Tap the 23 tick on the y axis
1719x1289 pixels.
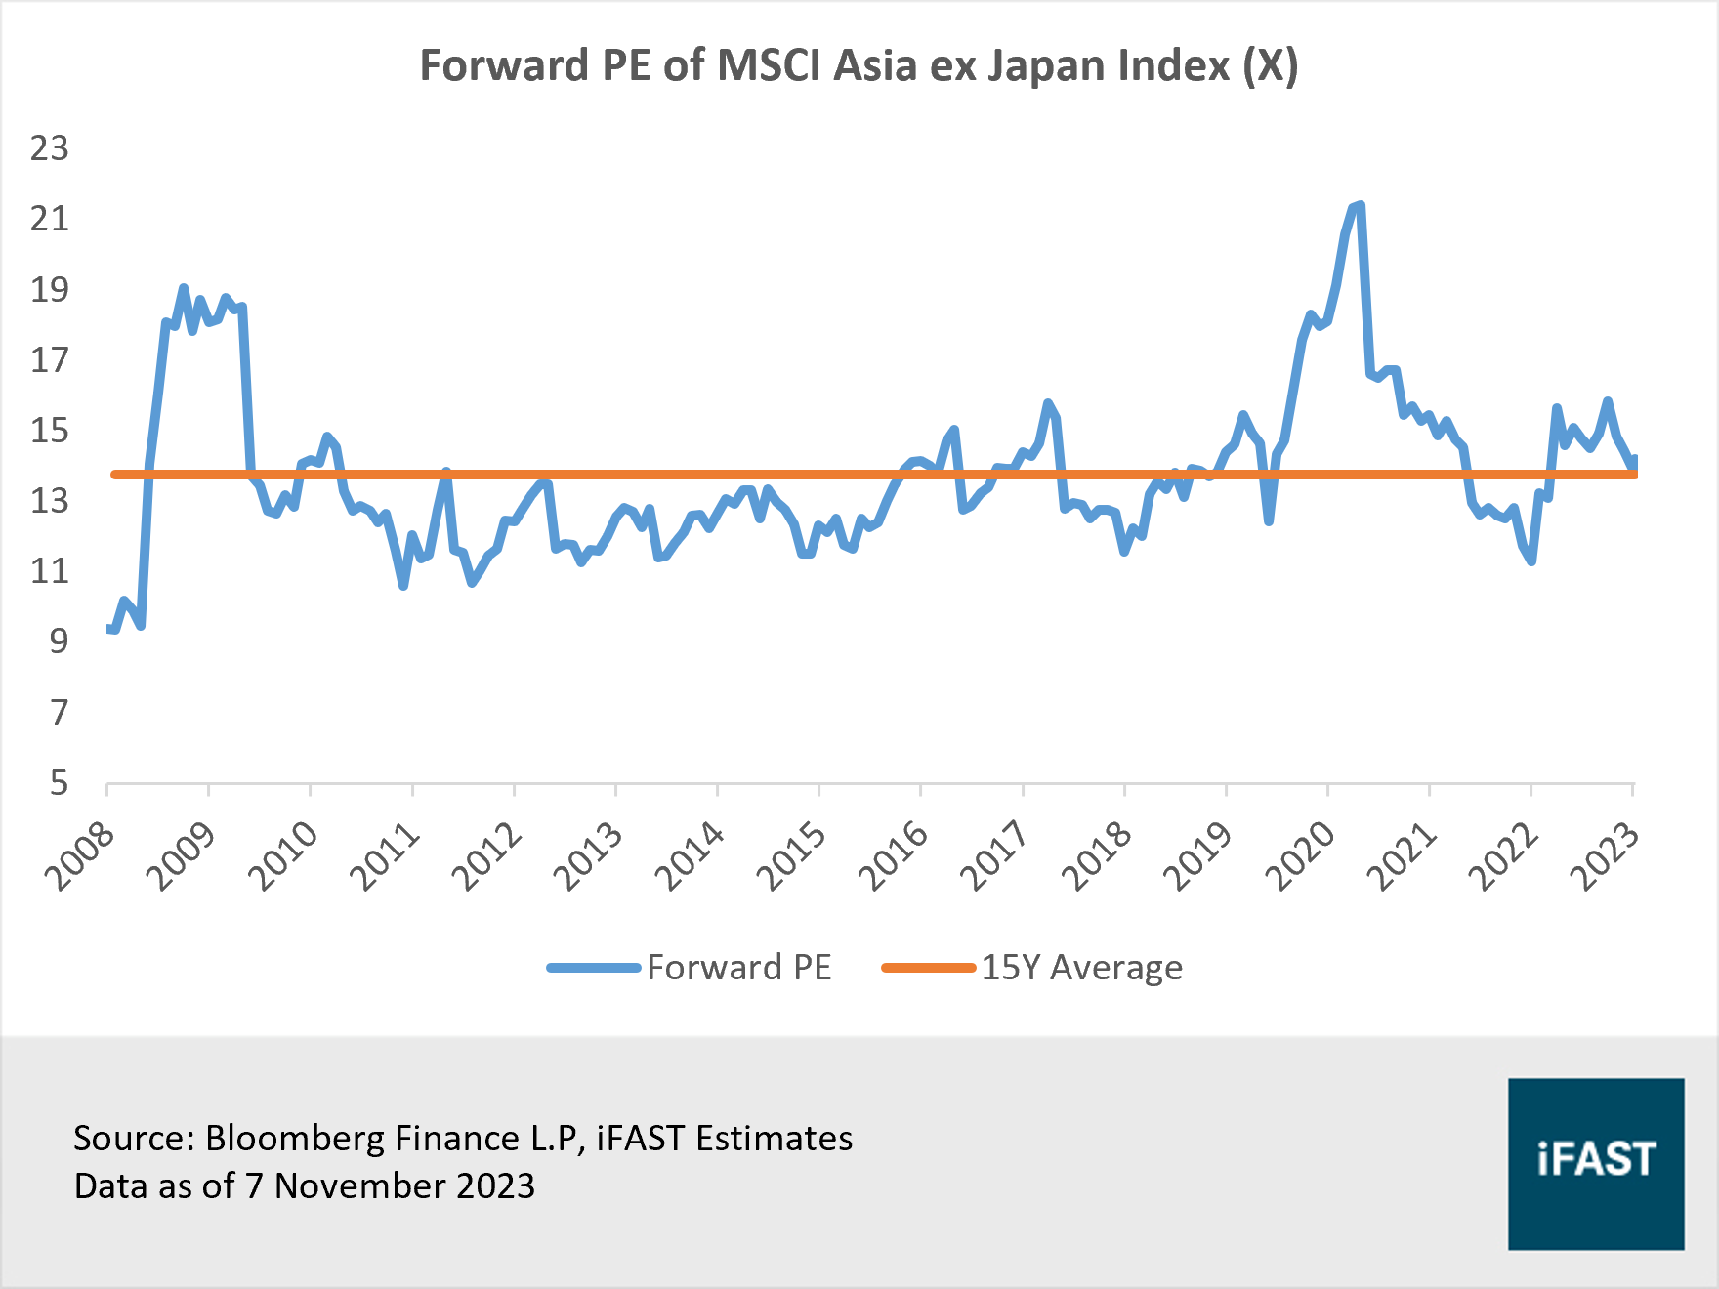click(49, 148)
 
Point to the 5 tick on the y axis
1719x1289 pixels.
click(59, 782)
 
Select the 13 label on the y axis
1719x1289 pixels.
click(49, 501)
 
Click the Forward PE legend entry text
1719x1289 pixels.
click(738, 968)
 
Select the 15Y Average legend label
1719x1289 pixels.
click(1081, 968)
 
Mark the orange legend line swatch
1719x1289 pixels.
click(928, 968)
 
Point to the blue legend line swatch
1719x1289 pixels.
click(593, 968)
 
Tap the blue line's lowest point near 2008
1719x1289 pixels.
click(113, 630)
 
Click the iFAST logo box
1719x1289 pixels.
click(1595, 1163)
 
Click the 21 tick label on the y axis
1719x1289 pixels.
click(49, 219)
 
